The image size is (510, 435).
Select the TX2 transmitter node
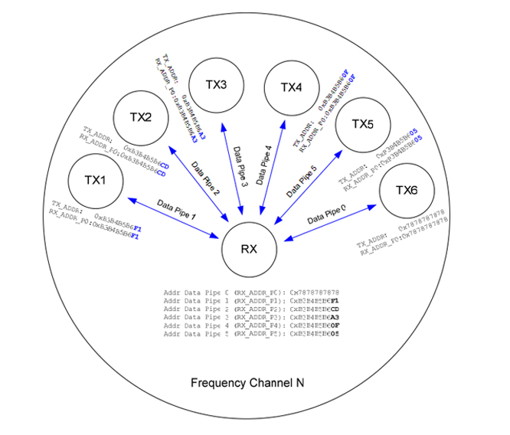pos(139,117)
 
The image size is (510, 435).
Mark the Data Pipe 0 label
pos(327,214)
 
